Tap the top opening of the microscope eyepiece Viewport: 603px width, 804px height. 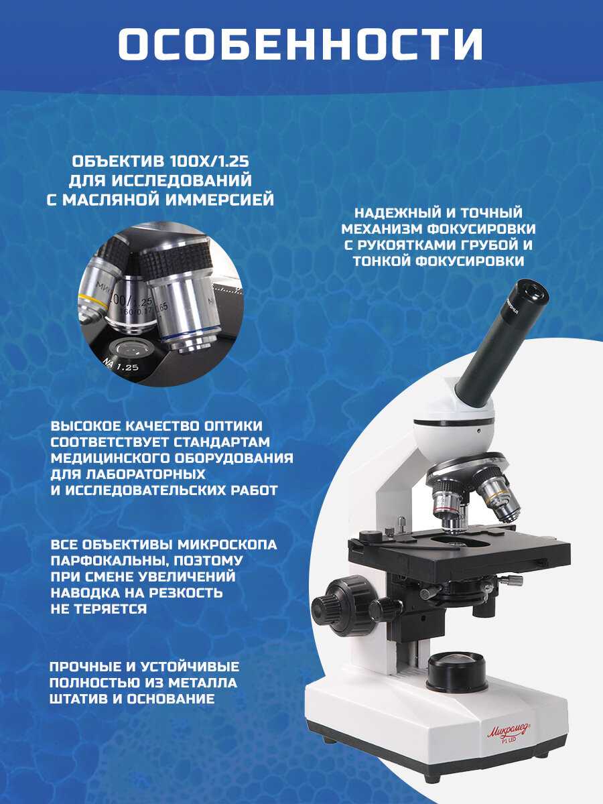pos(533,293)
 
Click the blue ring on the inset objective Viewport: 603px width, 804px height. pos(190,335)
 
